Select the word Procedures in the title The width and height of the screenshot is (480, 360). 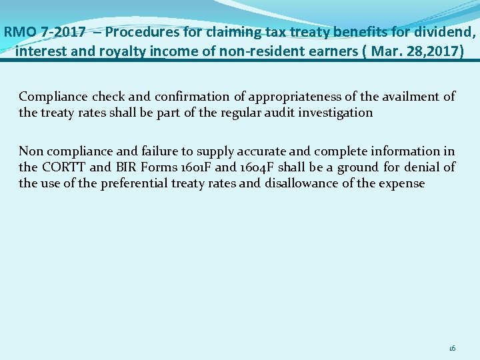138,31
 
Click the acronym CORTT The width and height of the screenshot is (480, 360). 63,167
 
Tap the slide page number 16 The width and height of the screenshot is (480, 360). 452,348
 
